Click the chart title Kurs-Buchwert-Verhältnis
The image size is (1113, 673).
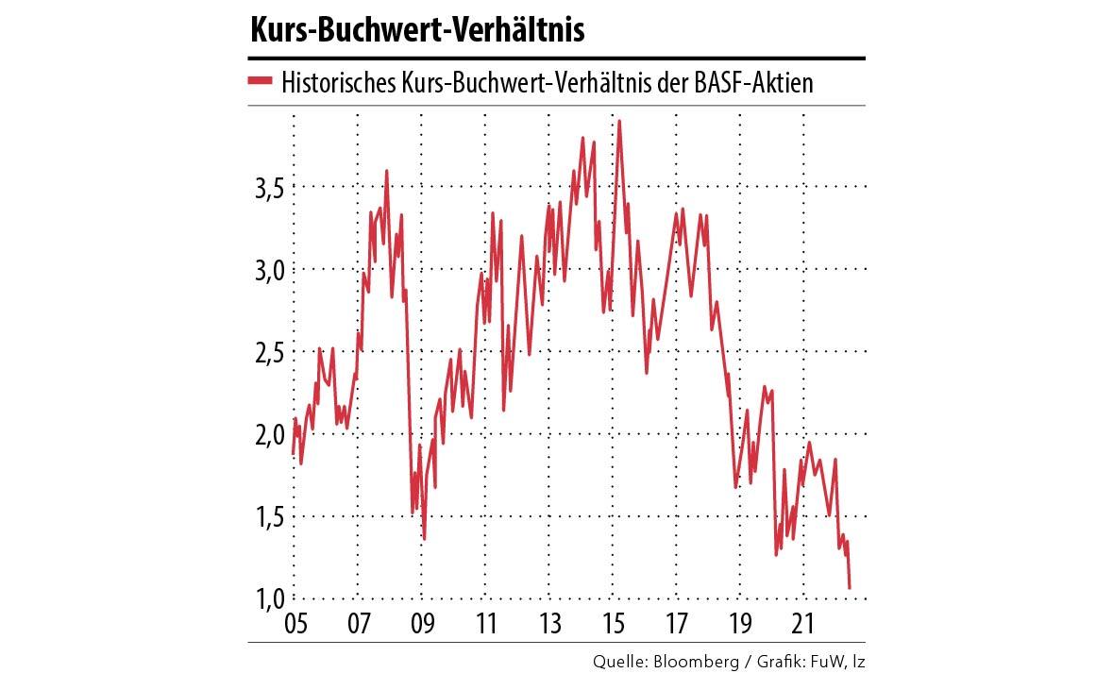[417, 31]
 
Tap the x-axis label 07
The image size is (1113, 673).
[358, 624]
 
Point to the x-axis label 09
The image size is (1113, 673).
[421, 624]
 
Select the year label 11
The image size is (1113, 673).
[485, 624]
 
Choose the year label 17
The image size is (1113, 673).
[677, 624]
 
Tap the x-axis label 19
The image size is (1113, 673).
[740, 624]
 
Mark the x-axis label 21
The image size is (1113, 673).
[803, 624]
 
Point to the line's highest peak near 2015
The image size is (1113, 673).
[618, 122]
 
